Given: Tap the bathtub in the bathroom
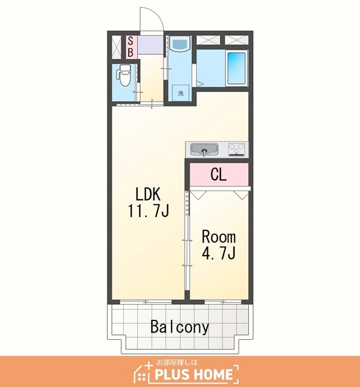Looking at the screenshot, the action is coord(236,68).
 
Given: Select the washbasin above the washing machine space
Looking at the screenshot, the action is coord(180,44).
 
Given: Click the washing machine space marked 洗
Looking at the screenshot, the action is coord(181,93).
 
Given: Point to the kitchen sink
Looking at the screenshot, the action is coord(204,149).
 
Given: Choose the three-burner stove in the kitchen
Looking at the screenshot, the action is coord(236,149).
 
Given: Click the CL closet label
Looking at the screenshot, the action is coord(219,175).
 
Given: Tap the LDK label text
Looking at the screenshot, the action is coord(148,194).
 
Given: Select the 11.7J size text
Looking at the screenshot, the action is coord(148,211).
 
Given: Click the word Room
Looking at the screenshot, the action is coord(219,236).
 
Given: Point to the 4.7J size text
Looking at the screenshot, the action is coord(219,253).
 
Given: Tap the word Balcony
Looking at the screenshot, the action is coord(180,327).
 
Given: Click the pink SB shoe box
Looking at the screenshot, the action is coord(131,47).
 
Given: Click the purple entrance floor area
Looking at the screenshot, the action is coord(150,44).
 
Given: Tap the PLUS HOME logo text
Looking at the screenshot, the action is coord(194,374).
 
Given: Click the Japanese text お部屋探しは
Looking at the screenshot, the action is coord(177,362).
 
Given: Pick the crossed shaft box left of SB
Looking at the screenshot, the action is coord(117,47).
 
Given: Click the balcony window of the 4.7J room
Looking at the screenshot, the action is coord(223,302).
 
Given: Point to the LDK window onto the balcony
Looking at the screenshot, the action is coord(146,302).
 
